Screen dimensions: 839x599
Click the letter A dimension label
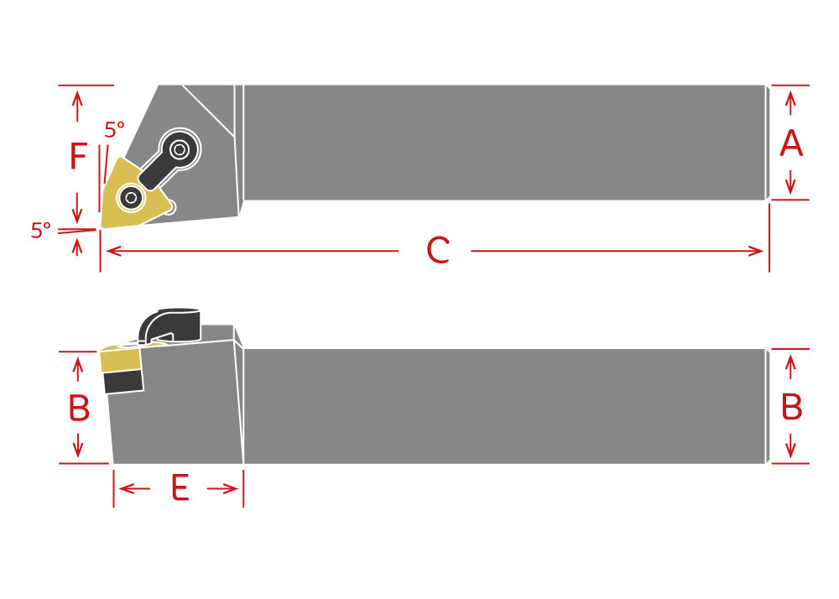[x=791, y=143]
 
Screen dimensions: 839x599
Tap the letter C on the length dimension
[x=438, y=250]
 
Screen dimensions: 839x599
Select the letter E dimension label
[x=180, y=487]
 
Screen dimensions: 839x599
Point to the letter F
[x=78, y=156]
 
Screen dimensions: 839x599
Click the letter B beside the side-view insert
[x=79, y=408]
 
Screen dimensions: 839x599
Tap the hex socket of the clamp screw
[x=180, y=149]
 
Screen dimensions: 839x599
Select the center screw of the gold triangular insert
[x=131, y=198]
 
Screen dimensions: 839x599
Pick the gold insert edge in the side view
[x=120, y=359]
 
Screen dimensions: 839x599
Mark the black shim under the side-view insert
[x=124, y=382]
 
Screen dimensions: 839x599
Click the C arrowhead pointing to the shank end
[x=756, y=251]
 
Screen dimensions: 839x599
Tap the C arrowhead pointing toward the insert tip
[x=114, y=250]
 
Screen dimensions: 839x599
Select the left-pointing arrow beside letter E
[x=134, y=488]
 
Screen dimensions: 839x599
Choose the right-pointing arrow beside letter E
[x=222, y=488]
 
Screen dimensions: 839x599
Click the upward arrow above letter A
[x=791, y=103]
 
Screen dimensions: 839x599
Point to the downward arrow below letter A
[x=791, y=182]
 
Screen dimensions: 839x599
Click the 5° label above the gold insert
[x=114, y=130]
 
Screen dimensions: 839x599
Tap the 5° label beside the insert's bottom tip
[x=40, y=231]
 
